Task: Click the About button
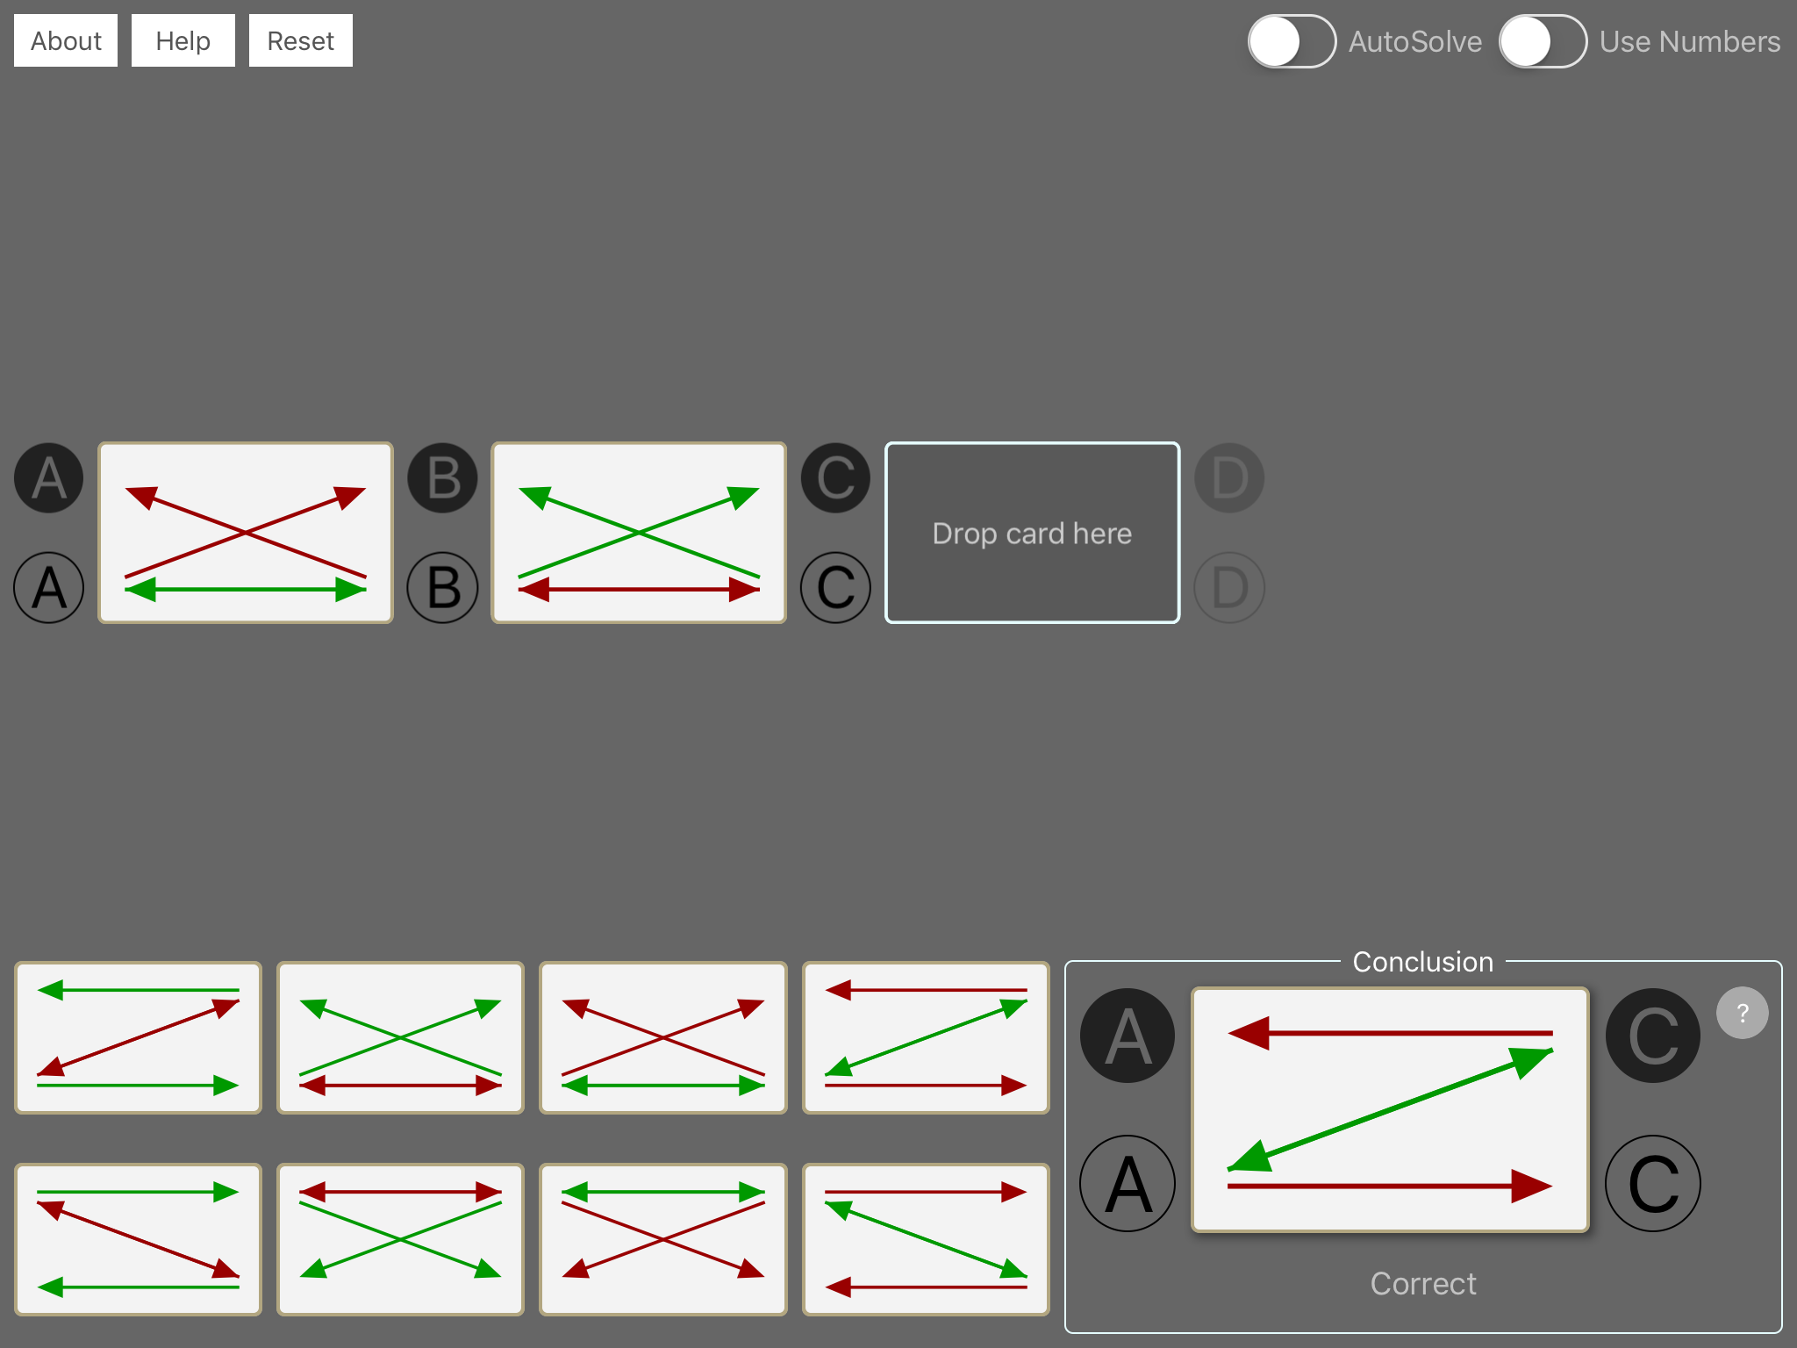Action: coord(66,40)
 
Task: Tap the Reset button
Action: coord(300,40)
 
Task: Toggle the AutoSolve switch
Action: coord(1292,41)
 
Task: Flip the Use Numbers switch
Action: coord(1543,41)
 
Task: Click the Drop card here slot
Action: coord(1032,533)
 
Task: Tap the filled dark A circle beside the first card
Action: coord(49,478)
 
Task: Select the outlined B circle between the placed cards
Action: coord(443,587)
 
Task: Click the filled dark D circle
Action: coord(1229,478)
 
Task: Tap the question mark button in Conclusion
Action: coord(1743,1013)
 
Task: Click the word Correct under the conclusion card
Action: coord(1423,1283)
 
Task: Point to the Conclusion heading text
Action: coord(1422,962)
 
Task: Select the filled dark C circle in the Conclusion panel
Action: coord(1653,1036)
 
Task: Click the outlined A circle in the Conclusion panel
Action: coord(1128,1184)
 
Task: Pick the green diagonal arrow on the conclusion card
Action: coord(1390,1109)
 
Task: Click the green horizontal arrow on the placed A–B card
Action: coord(246,590)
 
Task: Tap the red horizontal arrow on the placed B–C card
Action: coord(639,590)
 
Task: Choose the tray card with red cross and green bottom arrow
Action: coord(663,1038)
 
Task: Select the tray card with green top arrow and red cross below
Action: coord(663,1239)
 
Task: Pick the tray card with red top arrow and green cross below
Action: coord(400,1239)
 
